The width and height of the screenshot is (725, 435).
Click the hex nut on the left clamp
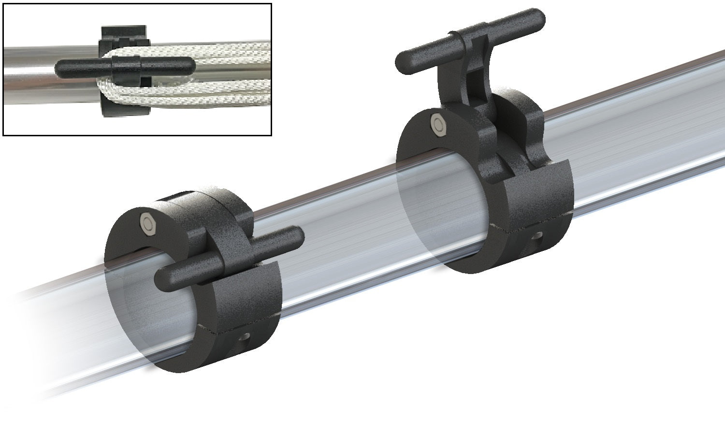pos(147,222)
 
